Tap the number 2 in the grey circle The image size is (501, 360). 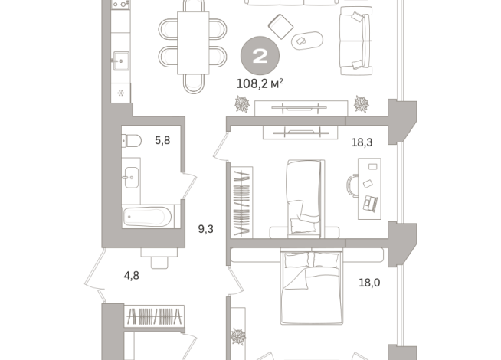260,56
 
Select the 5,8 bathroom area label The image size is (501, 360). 162,140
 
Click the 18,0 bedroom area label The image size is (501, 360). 369,282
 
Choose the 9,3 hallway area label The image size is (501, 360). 206,227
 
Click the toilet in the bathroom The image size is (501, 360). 132,141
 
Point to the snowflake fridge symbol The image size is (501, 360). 120,93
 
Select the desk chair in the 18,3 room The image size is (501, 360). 352,185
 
